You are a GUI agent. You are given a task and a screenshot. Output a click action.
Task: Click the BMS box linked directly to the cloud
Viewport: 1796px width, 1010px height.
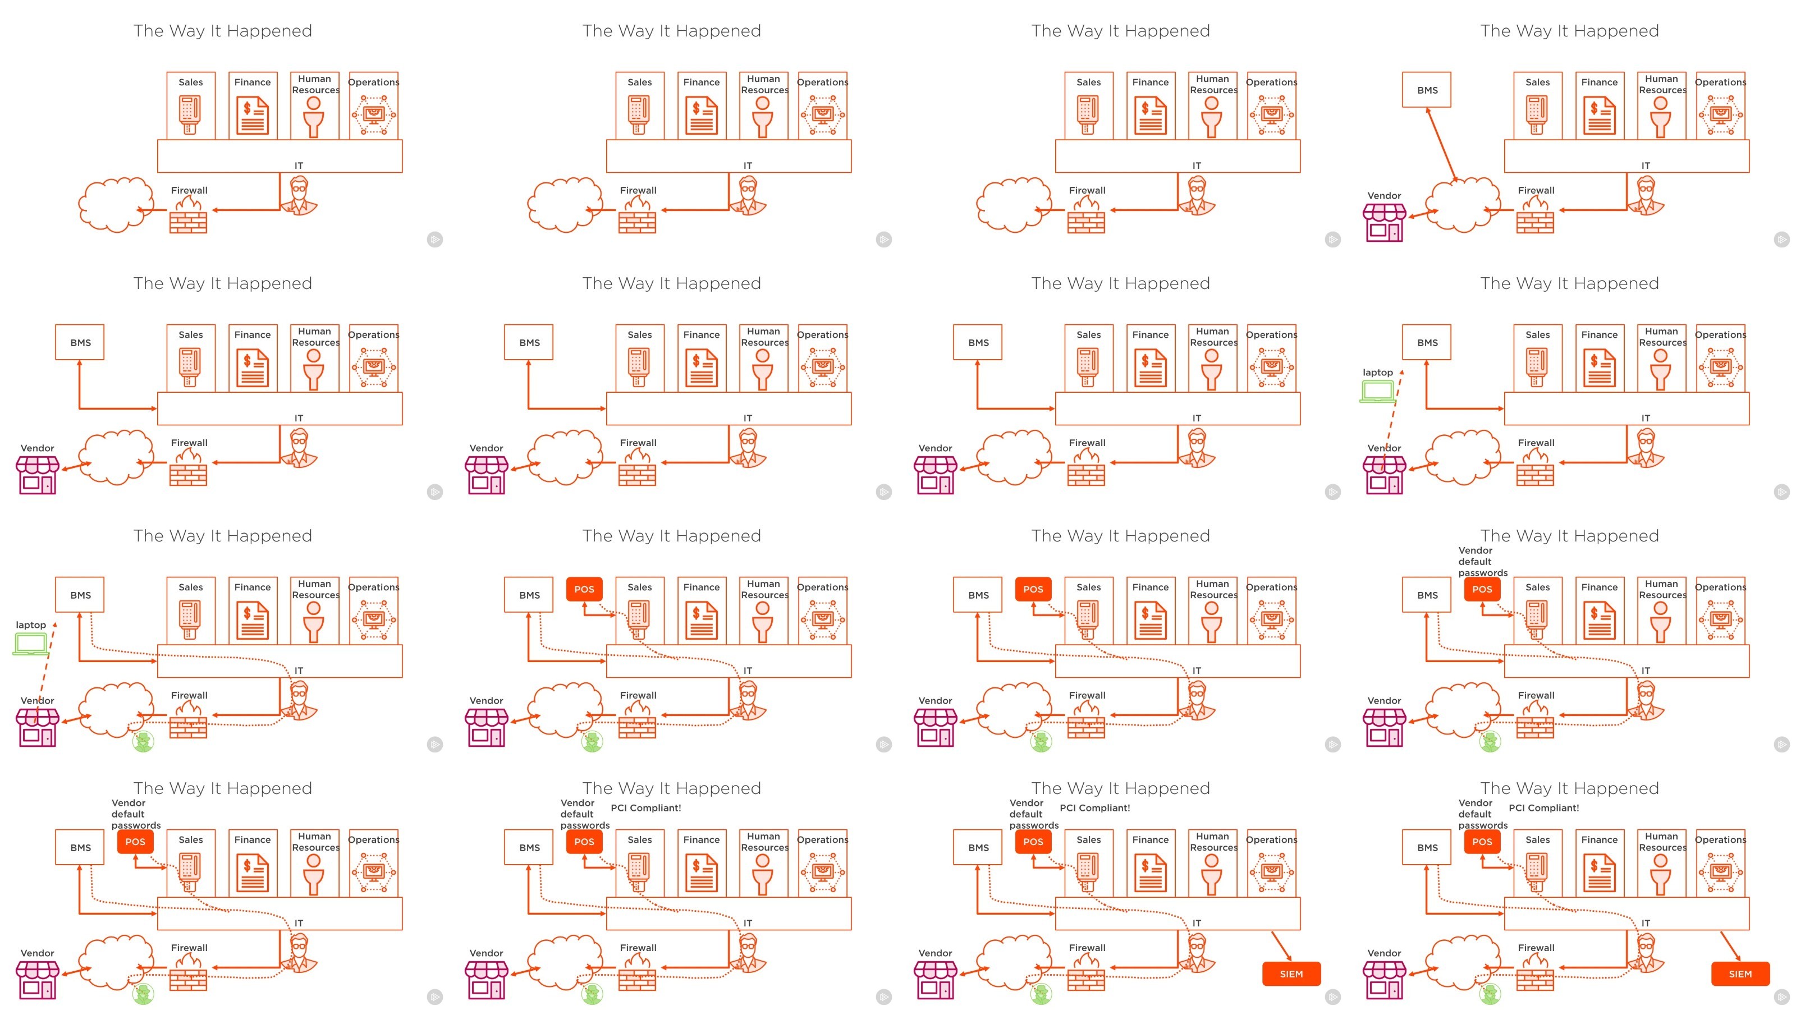[x=1427, y=89]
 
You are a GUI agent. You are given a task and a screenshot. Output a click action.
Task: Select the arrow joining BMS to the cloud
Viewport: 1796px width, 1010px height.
[x=1442, y=145]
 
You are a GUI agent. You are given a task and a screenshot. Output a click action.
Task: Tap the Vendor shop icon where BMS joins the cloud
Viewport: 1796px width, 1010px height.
[x=1385, y=222]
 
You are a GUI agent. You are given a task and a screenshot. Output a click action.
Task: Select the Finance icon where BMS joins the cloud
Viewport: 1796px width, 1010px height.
[x=1600, y=116]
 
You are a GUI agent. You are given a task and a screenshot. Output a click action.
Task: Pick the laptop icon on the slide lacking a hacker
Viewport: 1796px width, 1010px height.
[x=1377, y=391]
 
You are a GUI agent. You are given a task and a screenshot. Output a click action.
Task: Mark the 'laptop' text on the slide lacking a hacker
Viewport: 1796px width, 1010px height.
[x=1378, y=372]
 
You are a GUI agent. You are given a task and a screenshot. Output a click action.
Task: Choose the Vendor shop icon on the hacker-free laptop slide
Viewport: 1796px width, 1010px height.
[x=1385, y=475]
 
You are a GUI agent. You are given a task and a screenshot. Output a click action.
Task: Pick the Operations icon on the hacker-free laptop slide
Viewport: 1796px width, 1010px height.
[x=1721, y=368]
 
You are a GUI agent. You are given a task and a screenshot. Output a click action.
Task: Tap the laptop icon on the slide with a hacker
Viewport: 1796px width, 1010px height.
[x=30, y=644]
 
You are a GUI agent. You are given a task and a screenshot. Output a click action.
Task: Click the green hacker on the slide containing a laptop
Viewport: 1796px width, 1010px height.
[x=144, y=741]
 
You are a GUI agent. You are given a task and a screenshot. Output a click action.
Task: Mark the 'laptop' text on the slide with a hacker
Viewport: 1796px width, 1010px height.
[x=31, y=625]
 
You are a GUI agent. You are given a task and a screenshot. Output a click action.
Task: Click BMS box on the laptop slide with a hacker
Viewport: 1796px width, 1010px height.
[x=80, y=595]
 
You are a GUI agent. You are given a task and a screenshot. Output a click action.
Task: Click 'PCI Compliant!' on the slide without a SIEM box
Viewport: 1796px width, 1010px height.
[x=645, y=807]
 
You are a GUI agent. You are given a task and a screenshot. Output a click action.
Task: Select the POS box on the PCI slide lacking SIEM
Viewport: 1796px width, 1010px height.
[x=584, y=841]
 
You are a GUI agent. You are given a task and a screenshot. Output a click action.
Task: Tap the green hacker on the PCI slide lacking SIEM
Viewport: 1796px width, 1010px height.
[x=593, y=993]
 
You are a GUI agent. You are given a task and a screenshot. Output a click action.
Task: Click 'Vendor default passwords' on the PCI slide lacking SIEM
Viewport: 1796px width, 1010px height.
[x=585, y=814]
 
